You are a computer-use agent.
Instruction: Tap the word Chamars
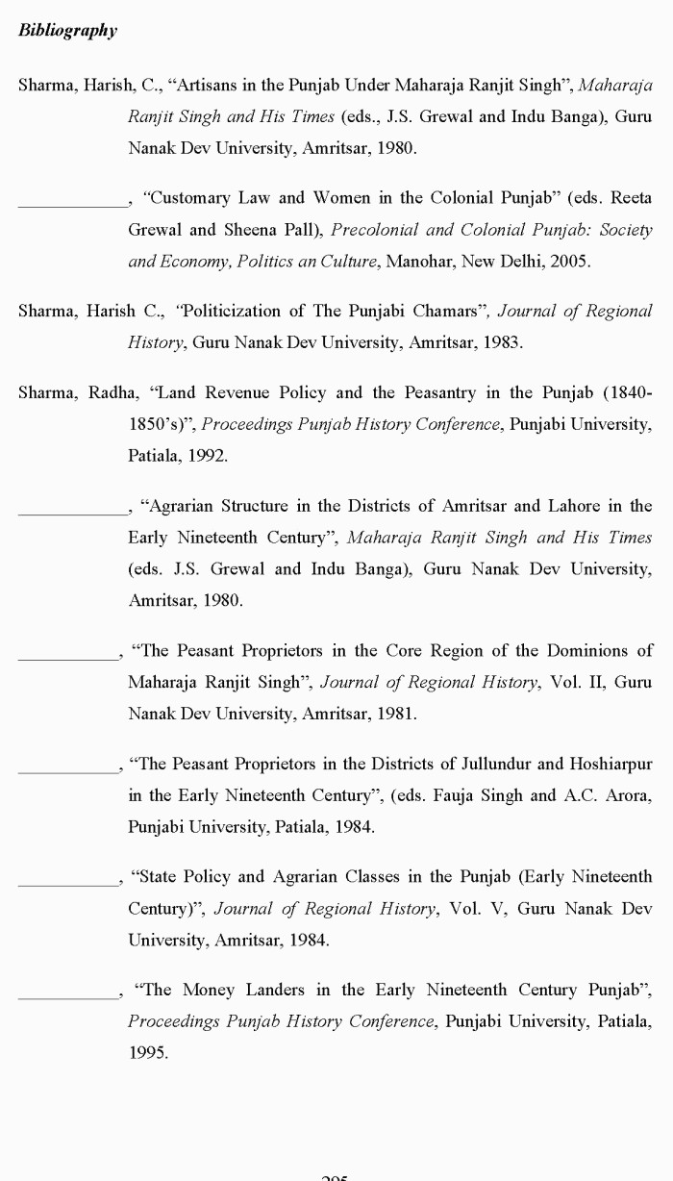click(x=445, y=311)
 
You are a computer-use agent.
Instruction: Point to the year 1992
click(x=207, y=455)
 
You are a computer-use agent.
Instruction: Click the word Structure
click(x=254, y=506)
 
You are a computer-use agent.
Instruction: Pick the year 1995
click(x=148, y=1052)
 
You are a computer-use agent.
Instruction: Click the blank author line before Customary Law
click(x=72, y=204)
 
